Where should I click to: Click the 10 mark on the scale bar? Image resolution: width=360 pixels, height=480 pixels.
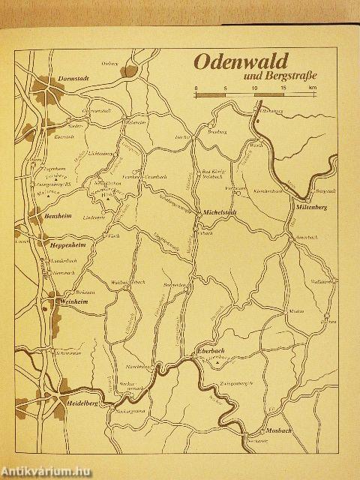(x=255, y=88)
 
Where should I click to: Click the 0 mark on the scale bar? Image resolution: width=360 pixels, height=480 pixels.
(x=196, y=88)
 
